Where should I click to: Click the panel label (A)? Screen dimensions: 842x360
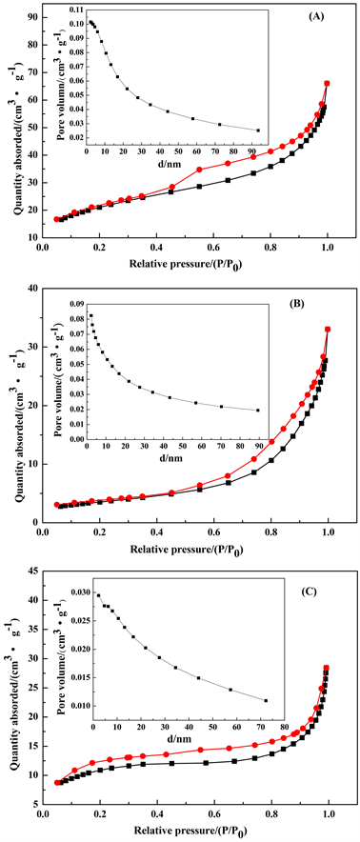(x=317, y=17)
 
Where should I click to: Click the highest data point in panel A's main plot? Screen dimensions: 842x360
(x=328, y=83)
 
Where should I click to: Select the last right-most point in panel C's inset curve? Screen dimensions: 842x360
(x=266, y=701)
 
